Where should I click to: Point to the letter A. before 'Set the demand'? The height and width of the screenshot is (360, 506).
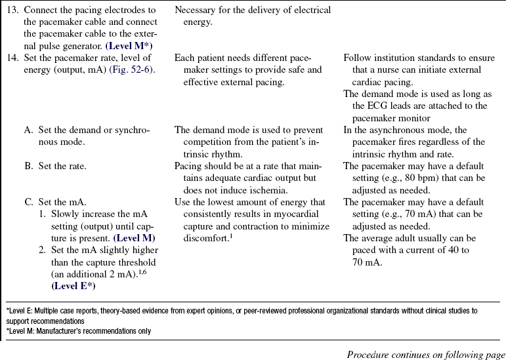pyautogui.click(x=29, y=130)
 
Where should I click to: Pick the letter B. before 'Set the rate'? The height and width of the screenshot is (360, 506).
pyautogui.click(x=29, y=166)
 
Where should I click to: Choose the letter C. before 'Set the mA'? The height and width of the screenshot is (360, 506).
pyautogui.click(x=29, y=202)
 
